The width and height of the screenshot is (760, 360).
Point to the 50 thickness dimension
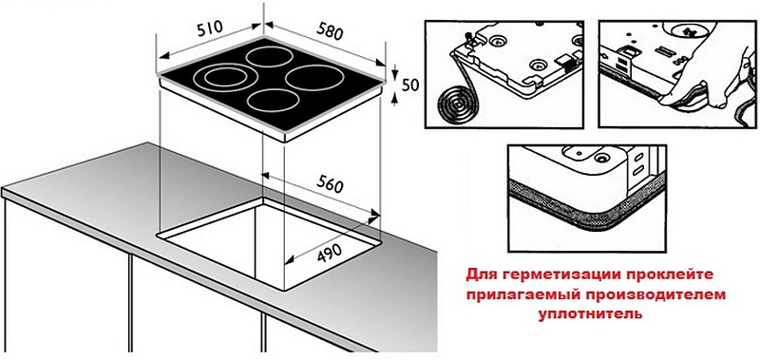(410, 85)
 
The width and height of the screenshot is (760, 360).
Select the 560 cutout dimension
(330, 184)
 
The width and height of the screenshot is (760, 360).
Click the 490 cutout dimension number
(330, 253)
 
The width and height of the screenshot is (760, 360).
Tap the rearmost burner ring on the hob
(270, 57)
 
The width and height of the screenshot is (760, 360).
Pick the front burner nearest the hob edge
(273, 101)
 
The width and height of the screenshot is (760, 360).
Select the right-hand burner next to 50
(315, 78)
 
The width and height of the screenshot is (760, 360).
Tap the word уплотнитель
(590, 314)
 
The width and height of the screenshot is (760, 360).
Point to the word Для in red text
(482, 275)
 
